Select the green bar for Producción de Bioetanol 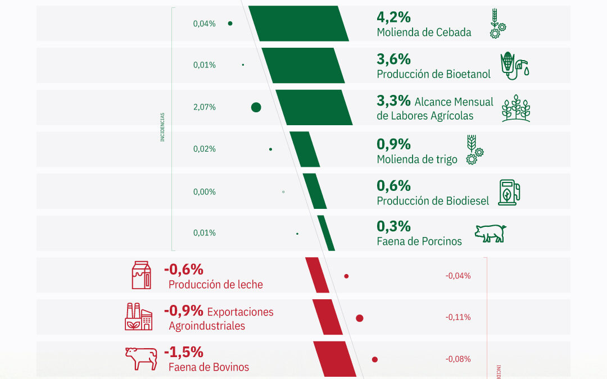tap(303, 65)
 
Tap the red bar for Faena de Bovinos tap(334, 359)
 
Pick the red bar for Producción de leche tap(317, 275)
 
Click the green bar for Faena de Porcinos tap(326, 233)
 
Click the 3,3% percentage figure tap(393, 101)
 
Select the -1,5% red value tap(183, 353)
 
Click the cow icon tap(141, 358)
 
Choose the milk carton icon tap(141, 275)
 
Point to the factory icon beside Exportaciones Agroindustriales tap(139, 317)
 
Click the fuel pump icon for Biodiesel tap(509, 191)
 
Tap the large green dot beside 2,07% tap(256, 107)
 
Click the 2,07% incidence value tap(204, 107)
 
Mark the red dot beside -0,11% tap(360, 318)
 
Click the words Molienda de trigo tap(417, 159)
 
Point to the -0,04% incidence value tap(457, 276)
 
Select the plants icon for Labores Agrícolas tap(515, 108)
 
